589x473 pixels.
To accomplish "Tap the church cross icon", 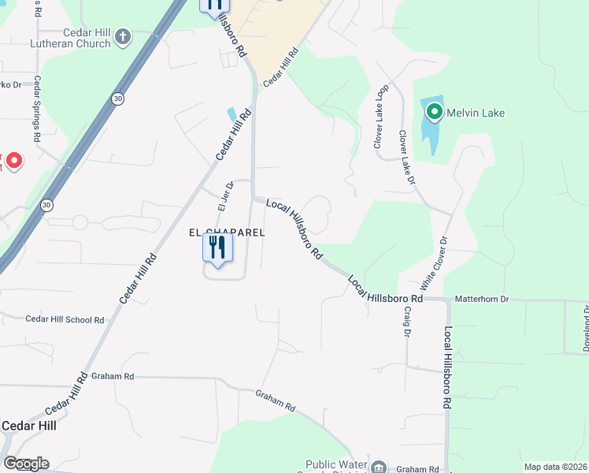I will point(122,36).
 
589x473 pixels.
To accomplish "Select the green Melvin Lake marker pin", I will point(434,113).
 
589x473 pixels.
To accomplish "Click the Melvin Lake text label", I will point(476,113).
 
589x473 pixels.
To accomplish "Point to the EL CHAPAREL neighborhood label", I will point(225,233).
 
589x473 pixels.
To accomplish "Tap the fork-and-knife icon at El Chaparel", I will point(215,248).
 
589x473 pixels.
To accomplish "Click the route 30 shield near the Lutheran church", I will point(117,99).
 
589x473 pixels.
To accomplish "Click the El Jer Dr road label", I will point(222,196).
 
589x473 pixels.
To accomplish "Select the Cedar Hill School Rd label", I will point(65,319).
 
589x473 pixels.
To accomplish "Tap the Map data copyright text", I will point(556,467).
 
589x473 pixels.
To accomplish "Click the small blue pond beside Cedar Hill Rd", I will point(232,114).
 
